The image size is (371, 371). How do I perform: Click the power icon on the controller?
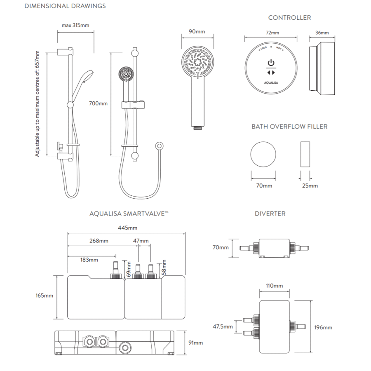click(271, 63)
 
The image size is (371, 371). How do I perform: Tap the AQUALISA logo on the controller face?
click(271, 83)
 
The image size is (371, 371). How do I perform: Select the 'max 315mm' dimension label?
click(75, 25)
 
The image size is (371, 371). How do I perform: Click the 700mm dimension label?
click(98, 103)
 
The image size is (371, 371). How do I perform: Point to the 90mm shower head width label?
click(197, 31)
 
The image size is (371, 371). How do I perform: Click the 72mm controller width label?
click(272, 33)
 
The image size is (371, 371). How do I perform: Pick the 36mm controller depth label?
click(322, 33)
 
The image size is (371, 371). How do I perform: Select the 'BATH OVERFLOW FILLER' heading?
click(289, 127)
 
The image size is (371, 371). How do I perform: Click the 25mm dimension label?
click(310, 186)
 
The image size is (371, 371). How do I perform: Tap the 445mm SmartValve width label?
click(127, 228)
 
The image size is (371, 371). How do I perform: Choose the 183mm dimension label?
click(89, 260)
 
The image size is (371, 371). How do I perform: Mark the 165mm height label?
click(44, 296)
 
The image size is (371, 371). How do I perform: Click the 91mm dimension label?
click(196, 343)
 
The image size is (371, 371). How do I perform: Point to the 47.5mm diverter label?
click(223, 327)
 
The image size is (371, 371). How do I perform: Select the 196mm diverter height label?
click(323, 327)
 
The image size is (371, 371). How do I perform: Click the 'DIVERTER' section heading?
click(270, 214)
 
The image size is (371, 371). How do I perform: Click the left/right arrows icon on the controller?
click(271, 73)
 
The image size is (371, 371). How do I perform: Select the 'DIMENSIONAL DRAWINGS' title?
click(65, 6)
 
